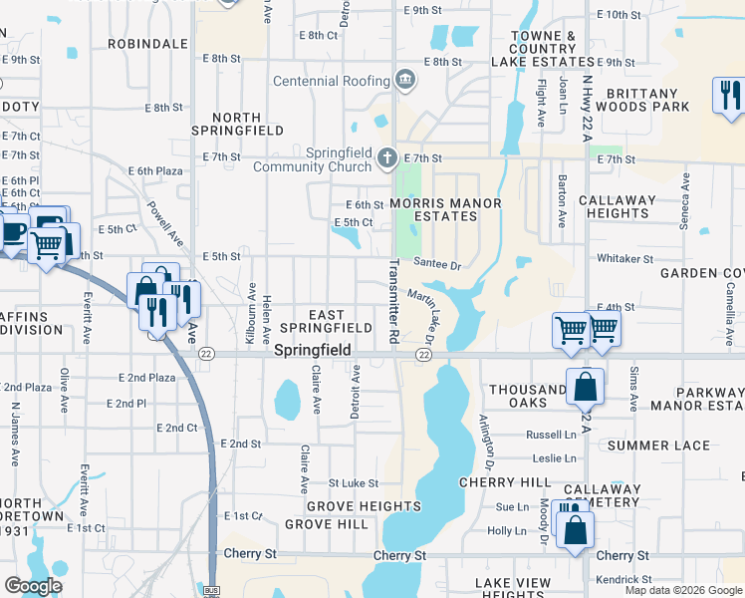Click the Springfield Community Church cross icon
click(387, 157)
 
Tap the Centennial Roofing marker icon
click(405, 79)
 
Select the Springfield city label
click(312, 351)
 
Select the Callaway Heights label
click(618, 206)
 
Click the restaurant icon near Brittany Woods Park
click(730, 96)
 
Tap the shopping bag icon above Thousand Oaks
click(585, 387)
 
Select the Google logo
click(33, 586)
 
